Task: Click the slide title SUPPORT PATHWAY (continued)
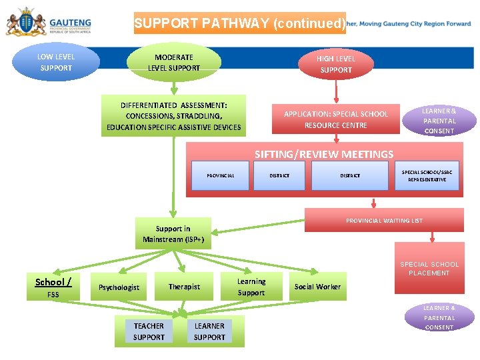pyautogui.click(x=239, y=24)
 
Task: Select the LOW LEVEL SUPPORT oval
pyautogui.click(x=56, y=63)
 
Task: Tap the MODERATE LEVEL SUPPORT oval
pyautogui.click(x=173, y=63)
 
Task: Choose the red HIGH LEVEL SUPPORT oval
pyautogui.click(x=336, y=64)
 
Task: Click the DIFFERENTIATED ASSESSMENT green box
pyautogui.click(x=173, y=116)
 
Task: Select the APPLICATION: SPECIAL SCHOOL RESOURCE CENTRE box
pyautogui.click(x=335, y=119)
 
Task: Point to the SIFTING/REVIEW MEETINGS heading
pyautogui.click(x=324, y=154)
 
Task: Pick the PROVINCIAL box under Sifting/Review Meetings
pyautogui.click(x=220, y=176)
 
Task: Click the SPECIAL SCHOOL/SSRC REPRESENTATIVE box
pyautogui.click(x=427, y=176)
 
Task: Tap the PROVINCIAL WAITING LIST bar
pyautogui.click(x=383, y=221)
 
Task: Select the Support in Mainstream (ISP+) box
pyautogui.click(x=173, y=234)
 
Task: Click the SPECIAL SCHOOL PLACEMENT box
pyautogui.click(x=429, y=269)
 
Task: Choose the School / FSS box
pyautogui.click(x=53, y=287)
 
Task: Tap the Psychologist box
pyautogui.click(x=119, y=287)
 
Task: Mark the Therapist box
pyautogui.click(x=184, y=287)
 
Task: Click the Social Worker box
pyautogui.click(x=317, y=287)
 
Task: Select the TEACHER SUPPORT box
pyautogui.click(x=149, y=331)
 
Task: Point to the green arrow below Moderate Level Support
pyautogui.click(x=173, y=86)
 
